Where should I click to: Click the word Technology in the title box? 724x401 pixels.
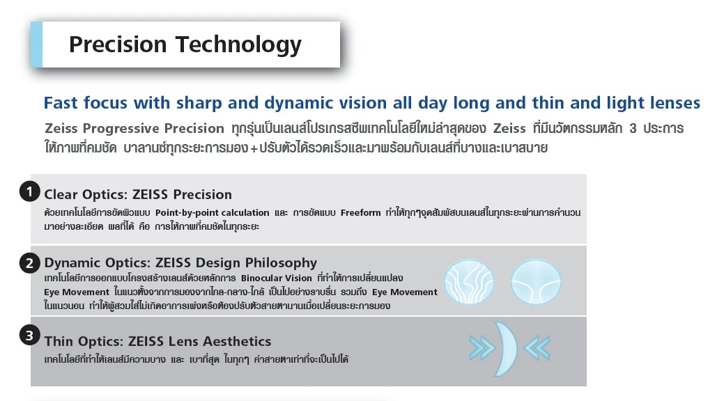tap(238, 45)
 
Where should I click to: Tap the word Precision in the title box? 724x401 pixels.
tap(118, 45)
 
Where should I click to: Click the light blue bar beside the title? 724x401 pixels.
tap(36, 45)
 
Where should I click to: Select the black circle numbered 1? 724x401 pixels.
tap(29, 191)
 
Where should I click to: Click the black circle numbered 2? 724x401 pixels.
tap(29, 263)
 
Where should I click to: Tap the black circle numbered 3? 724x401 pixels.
tap(29, 336)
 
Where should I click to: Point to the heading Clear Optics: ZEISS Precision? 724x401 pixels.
tap(138, 194)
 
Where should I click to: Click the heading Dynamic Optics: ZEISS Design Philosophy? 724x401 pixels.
tap(180, 263)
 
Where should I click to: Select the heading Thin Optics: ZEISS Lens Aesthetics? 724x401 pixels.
tap(158, 341)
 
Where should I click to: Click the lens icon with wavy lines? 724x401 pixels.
tap(469, 282)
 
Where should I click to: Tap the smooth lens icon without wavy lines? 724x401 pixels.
tap(536, 282)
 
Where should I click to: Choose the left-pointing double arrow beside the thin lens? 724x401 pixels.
tap(537, 347)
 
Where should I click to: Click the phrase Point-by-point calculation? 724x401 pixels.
tap(212, 213)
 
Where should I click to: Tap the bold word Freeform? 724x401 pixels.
tap(361, 213)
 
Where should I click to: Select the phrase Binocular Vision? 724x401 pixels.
tap(276, 278)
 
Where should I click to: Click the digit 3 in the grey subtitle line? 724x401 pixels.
tap(633, 128)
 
